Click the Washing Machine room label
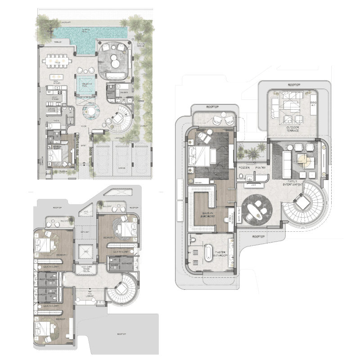pos(53,110)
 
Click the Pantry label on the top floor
pos(260,167)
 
